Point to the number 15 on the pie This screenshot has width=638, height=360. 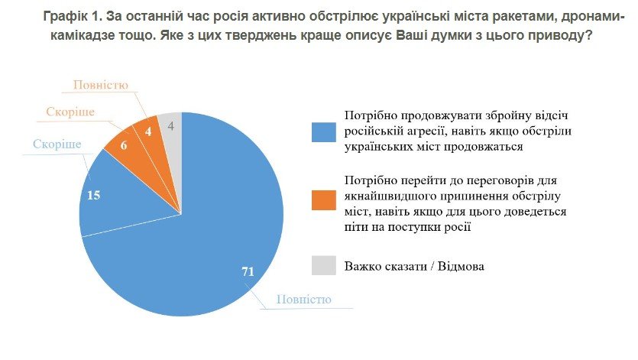point(95,195)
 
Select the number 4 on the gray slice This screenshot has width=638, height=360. point(170,124)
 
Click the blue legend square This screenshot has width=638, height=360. point(322,131)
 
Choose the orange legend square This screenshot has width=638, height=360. point(322,200)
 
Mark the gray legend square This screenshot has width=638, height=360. point(322,265)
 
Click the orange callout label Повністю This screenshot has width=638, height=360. point(100,85)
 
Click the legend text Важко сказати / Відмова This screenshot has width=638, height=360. point(414,266)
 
